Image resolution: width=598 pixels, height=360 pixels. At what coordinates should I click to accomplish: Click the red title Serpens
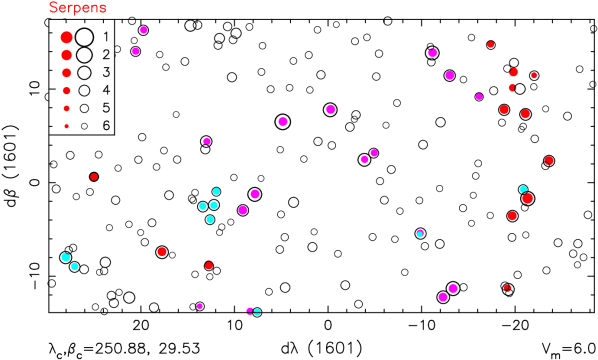[78, 8]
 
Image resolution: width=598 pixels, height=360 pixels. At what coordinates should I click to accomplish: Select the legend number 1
[106, 37]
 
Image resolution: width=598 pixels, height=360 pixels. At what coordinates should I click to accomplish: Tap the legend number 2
[106, 55]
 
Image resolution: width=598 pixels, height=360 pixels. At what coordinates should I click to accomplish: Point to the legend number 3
[106, 73]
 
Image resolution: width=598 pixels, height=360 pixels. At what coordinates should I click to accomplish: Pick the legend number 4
[106, 90]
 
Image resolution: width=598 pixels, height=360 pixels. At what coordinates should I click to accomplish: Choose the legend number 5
[106, 108]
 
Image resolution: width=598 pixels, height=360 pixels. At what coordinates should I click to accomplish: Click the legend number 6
[106, 126]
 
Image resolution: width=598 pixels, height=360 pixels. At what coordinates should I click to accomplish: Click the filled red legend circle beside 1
[66, 37]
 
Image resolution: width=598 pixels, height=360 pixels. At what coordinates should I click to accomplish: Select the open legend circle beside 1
[84, 37]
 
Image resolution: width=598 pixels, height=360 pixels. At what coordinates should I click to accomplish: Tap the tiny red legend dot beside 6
[66, 126]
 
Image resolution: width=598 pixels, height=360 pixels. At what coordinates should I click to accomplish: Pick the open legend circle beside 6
[84, 126]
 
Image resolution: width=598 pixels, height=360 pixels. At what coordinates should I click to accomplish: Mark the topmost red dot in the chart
[490, 44]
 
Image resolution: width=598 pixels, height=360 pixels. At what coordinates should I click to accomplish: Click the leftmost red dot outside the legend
[94, 176]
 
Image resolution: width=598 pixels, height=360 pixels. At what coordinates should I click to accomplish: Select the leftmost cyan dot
[65, 257]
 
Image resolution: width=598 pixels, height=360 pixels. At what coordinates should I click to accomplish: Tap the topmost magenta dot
[143, 30]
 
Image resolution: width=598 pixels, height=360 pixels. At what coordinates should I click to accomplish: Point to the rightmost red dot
[548, 160]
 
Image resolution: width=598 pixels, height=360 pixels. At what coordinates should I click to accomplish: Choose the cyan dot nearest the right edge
[523, 189]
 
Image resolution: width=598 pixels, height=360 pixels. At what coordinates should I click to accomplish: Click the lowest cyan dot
[257, 312]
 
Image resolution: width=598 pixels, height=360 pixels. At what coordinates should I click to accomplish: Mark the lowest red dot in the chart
[507, 288]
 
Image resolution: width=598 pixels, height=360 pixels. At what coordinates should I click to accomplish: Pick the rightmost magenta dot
[479, 96]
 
